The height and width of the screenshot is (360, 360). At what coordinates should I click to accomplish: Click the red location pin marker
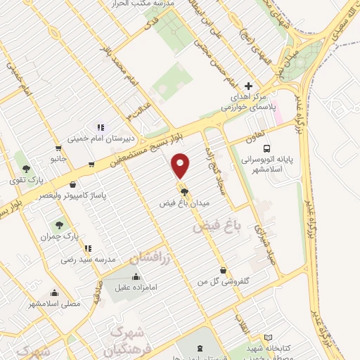[181, 166]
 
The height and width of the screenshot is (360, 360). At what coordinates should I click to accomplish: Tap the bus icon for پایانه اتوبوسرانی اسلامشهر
[266, 148]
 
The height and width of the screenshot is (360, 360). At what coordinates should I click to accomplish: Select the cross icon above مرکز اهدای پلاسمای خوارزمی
[247, 85]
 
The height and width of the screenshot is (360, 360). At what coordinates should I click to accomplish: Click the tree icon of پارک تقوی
[26, 169]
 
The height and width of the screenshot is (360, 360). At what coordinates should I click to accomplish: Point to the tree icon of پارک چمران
[58, 226]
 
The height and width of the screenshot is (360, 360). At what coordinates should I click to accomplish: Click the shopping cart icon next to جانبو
[58, 148]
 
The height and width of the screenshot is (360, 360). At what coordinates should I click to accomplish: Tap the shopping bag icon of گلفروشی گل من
[223, 270]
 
